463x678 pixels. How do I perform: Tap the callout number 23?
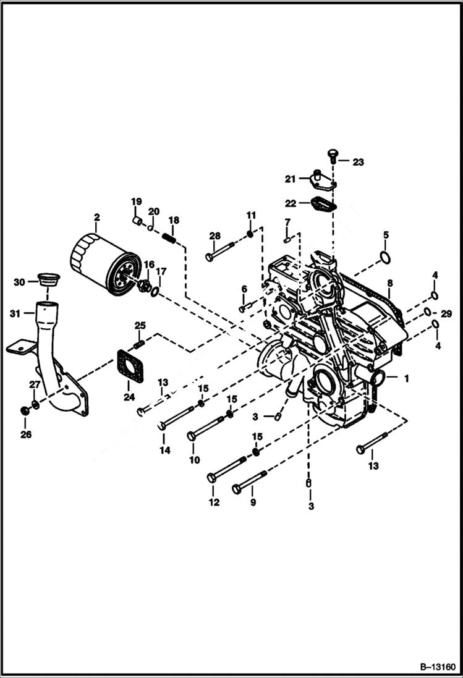359,162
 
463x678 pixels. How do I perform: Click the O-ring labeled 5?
384,256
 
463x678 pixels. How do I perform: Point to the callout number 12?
214,502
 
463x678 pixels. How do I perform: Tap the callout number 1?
406,377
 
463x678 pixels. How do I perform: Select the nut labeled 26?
24,410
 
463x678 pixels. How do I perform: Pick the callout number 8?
389,284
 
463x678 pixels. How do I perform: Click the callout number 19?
136,201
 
